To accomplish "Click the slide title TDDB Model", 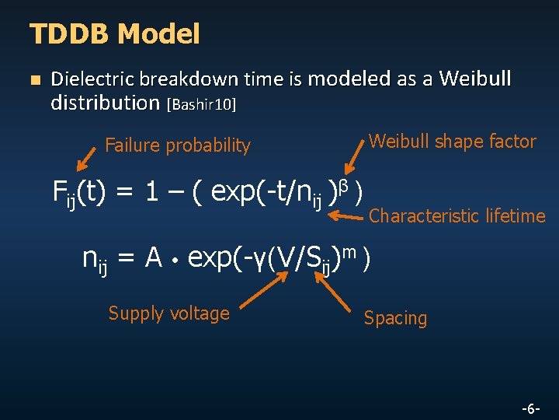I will click(x=114, y=34).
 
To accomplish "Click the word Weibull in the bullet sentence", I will click(x=474, y=79).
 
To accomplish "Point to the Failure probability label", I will click(x=178, y=145).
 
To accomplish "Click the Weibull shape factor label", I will click(x=453, y=142).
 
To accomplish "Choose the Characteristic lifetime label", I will click(x=457, y=216).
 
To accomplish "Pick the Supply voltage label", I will click(x=169, y=313).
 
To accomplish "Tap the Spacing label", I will click(x=395, y=318).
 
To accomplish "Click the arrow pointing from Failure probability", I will click(x=87, y=157).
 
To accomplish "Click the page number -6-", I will click(x=532, y=408).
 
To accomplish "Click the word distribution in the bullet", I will click(x=105, y=102).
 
